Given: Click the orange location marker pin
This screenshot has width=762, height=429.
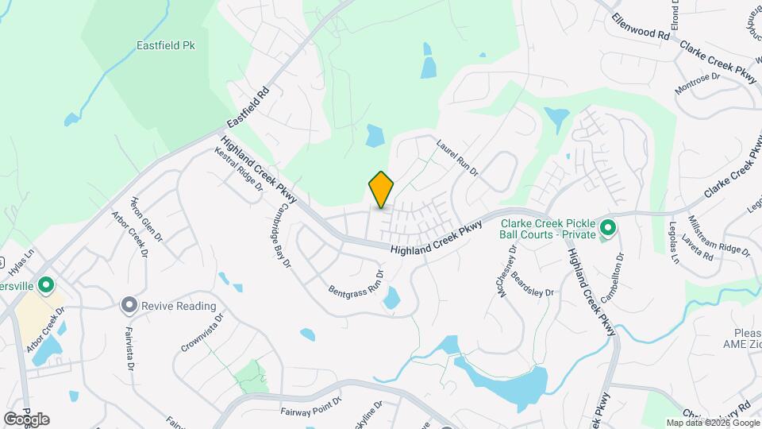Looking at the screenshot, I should (x=381, y=190).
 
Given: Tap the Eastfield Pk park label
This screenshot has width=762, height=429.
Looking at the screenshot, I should (x=165, y=46).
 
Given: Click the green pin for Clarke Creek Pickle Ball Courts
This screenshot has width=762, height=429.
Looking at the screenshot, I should (x=608, y=229).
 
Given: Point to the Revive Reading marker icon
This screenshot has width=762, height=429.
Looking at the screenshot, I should (x=129, y=306).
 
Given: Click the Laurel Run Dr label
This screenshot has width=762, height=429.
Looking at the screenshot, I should (x=459, y=158).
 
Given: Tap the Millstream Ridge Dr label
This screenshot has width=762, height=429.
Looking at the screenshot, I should (x=719, y=236).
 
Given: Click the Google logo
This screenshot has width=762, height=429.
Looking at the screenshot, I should (x=26, y=419).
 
